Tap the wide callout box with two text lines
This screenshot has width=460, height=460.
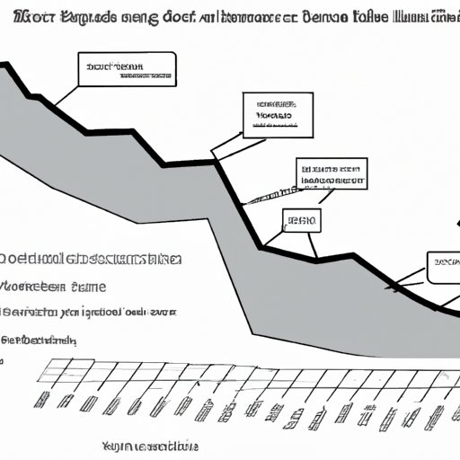(x=332, y=173)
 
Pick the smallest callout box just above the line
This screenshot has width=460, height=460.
(x=303, y=220)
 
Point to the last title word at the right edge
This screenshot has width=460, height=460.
(x=432, y=17)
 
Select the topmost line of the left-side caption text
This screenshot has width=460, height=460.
(x=90, y=259)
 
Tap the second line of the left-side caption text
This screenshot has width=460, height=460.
(x=54, y=287)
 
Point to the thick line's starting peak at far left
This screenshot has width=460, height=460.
(x=6, y=65)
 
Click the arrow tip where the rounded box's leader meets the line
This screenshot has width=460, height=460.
(x=392, y=287)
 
